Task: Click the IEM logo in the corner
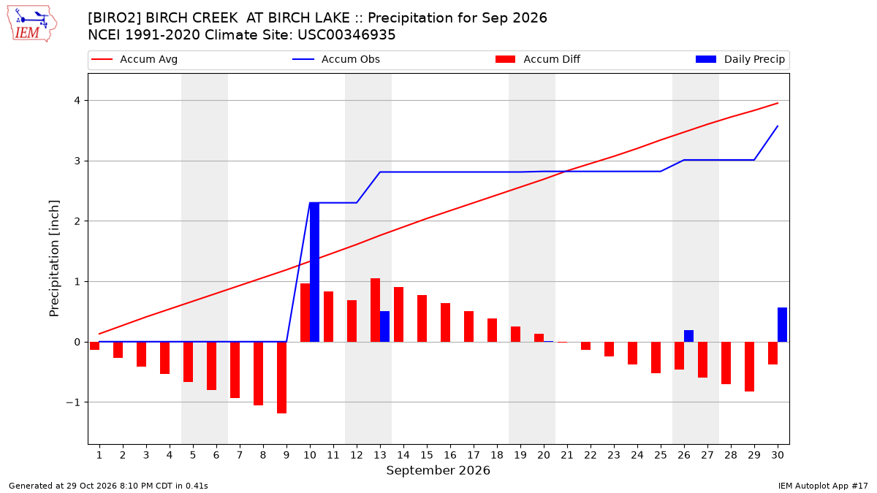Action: pyautogui.click(x=32, y=24)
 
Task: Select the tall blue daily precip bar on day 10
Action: pyautogui.click(x=314, y=272)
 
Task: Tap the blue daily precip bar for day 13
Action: pyautogui.click(x=384, y=326)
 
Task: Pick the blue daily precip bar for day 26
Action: pyautogui.click(x=688, y=336)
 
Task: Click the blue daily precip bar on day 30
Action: pyautogui.click(x=782, y=325)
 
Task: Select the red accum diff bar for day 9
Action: pyautogui.click(x=282, y=378)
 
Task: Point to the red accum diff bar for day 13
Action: pyautogui.click(x=375, y=310)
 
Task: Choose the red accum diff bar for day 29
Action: pyautogui.click(x=749, y=367)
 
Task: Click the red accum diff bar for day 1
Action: pyautogui.click(x=95, y=346)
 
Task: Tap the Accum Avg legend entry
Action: pyautogui.click(x=134, y=59)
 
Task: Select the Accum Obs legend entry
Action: pyautogui.click(x=336, y=59)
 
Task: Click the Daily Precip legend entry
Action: pyautogui.click(x=740, y=59)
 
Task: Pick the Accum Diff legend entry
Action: pyautogui.click(x=538, y=59)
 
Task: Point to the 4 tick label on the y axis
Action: pyautogui.click(x=77, y=101)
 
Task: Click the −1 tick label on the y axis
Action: pyautogui.click(x=73, y=402)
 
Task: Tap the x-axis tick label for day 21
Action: pyautogui.click(x=567, y=455)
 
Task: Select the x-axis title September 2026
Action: pyautogui.click(x=438, y=470)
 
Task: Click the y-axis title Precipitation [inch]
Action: pyautogui.click(x=54, y=259)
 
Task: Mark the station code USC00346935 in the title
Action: pyautogui.click(x=346, y=35)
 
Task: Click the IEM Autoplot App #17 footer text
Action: pyautogui.click(x=823, y=486)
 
